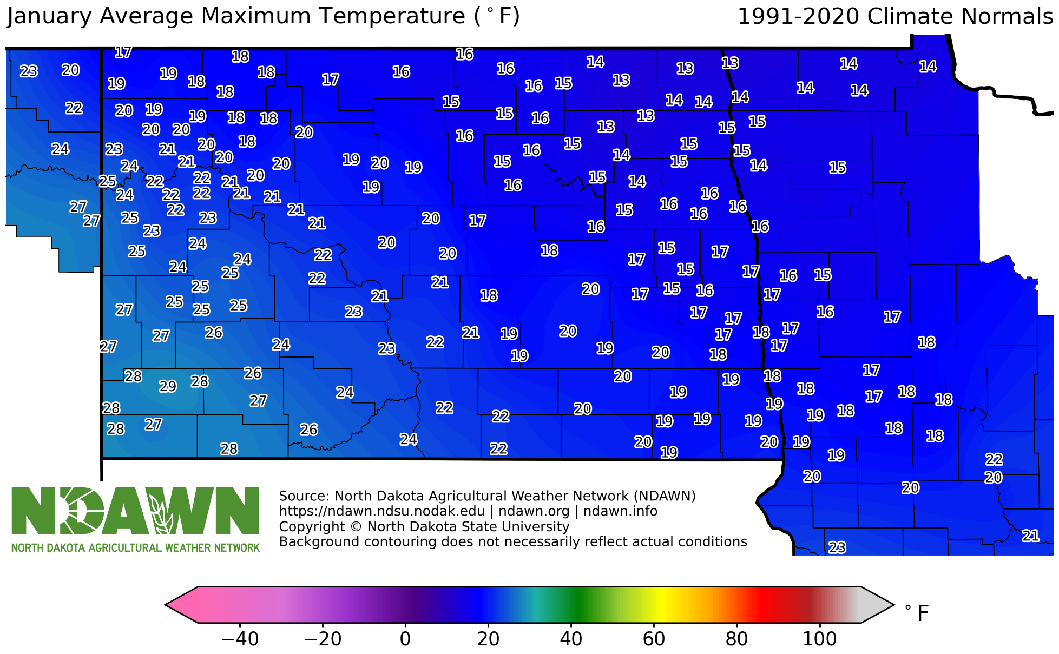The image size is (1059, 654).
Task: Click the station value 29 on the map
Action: click(168, 386)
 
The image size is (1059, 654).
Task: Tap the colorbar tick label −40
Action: click(240, 639)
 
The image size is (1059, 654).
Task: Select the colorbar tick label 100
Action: click(819, 639)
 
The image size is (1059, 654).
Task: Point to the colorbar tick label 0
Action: click(405, 639)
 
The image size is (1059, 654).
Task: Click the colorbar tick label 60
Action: click(654, 639)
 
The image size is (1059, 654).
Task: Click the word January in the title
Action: click(49, 17)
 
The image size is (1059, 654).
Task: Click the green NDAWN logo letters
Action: click(135, 511)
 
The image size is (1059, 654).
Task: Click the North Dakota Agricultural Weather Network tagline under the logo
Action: click(135, 548)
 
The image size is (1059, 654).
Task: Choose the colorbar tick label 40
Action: click(571, 639)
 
